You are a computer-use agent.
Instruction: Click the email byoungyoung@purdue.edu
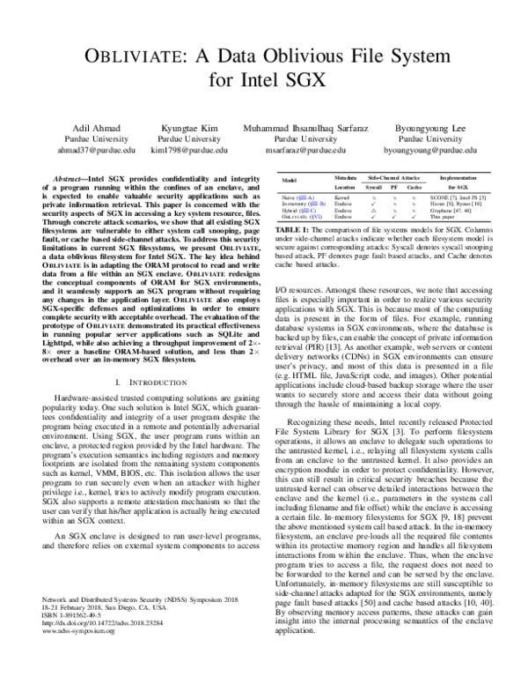(x=422, y=150)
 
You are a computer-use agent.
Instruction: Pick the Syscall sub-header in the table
(x=348, y=188)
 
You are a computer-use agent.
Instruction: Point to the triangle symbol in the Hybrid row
(x=348, y=212)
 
